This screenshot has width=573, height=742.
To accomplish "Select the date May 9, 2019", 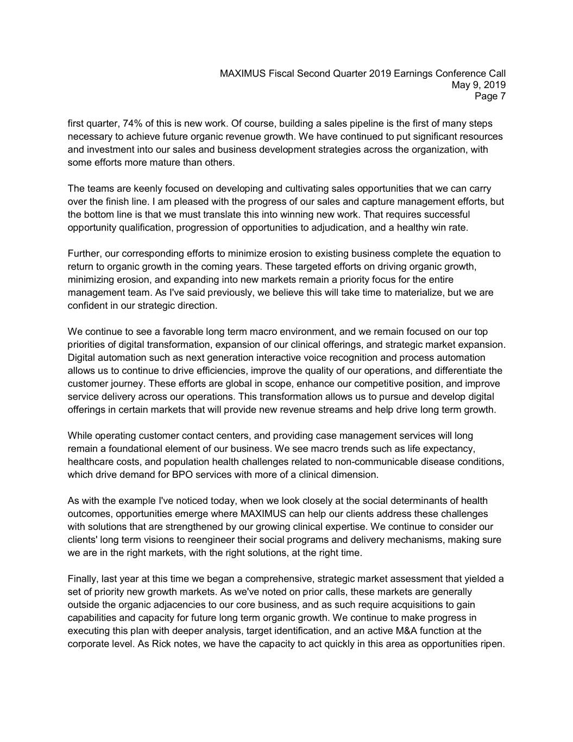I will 478,85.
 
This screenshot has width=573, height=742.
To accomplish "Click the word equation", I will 470,254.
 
